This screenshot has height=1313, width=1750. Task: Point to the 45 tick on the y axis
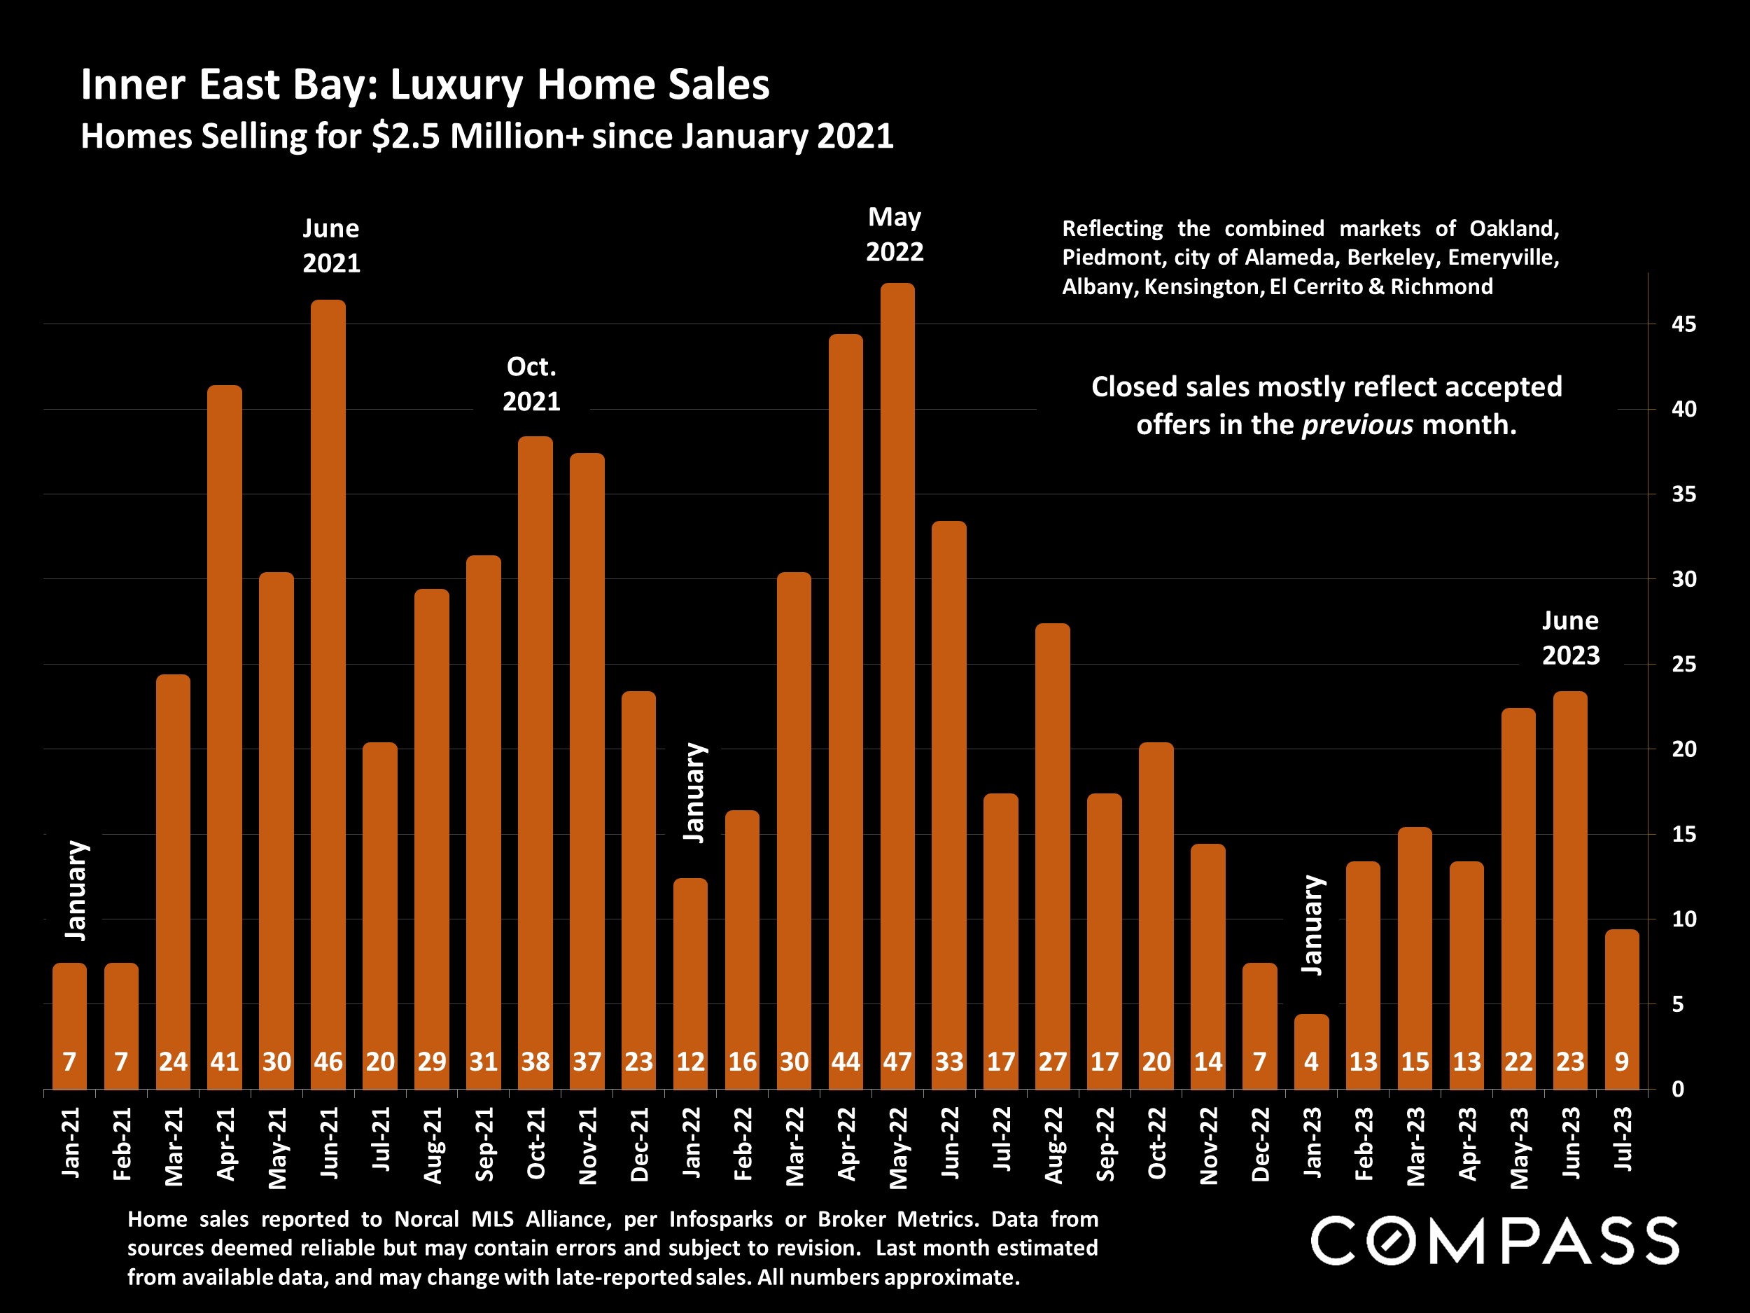(x=1684, y=324)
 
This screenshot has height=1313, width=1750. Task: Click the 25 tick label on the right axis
(x=1684, y=664)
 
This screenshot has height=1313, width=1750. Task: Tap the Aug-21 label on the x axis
(x=433, y=1144)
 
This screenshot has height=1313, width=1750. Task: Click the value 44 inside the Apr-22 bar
(x=846, y=1062)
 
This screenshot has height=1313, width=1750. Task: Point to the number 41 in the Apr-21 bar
(x=225, y=1062)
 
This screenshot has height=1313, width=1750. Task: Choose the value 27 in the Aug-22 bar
(x=1053, y=1062)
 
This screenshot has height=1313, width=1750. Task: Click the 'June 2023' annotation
(x=1570, y=638)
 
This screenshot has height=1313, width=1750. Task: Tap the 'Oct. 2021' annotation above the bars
(x=531, y=384)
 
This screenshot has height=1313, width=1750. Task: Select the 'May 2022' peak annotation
(x=895, y=235)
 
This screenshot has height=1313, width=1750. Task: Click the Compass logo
(x=1494, y=1240)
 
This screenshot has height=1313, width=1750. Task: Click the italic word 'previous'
(x=1357, y=426)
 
